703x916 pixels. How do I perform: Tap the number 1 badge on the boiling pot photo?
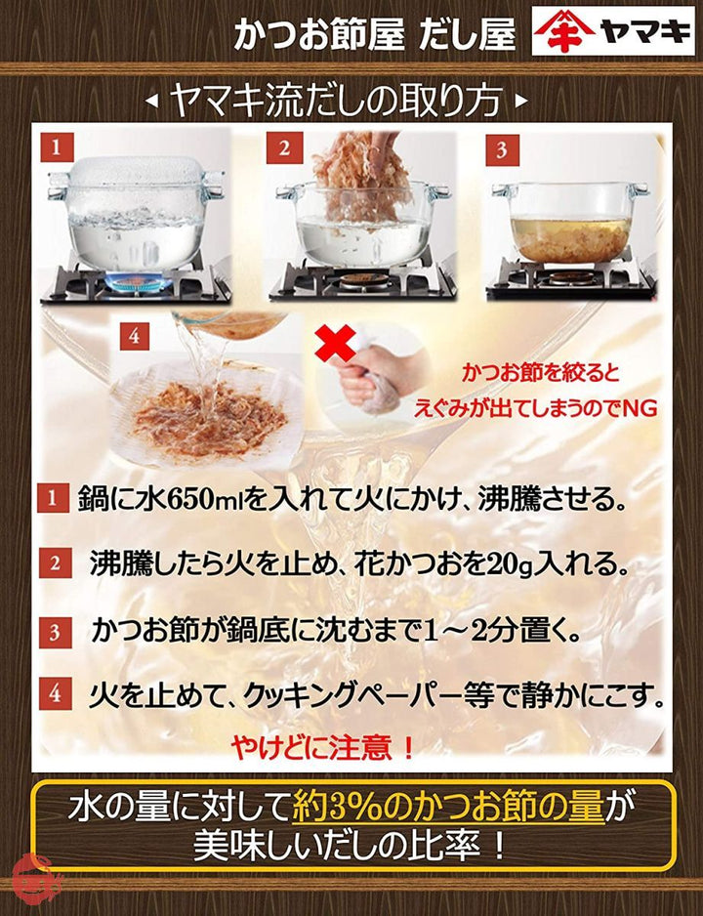56,147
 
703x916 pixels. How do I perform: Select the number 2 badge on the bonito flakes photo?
284,148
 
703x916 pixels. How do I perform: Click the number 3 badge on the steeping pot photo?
502,150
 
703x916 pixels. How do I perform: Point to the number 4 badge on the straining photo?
135,336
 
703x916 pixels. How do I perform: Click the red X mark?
335,344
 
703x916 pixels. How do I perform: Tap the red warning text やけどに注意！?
323,747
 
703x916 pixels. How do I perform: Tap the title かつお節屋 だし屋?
374,35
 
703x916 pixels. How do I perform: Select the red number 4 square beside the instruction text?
55,693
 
